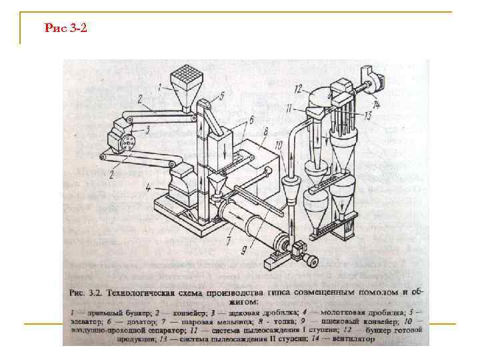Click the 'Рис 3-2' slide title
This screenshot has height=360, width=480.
pyautogui.click(x=65, y=28)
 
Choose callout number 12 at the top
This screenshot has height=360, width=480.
pyautogui.click(x=299, y=87)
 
